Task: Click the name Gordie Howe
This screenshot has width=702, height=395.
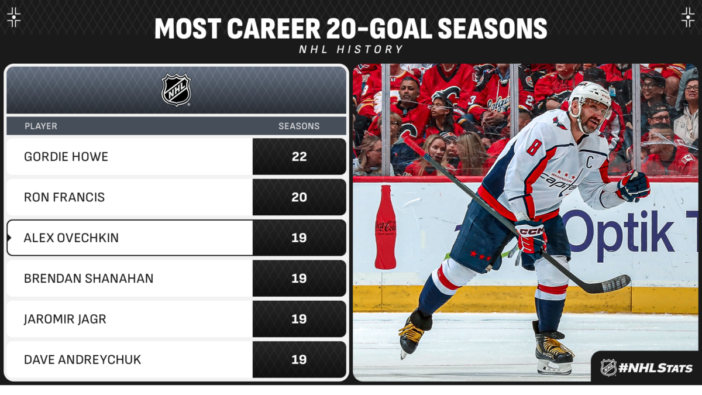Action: point(66,157)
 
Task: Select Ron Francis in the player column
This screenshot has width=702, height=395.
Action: point(64,197)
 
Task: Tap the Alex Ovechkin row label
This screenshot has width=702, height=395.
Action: point(71,238)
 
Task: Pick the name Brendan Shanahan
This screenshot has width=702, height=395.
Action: point(89,279)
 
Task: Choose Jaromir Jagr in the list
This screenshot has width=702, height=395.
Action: point(65,319)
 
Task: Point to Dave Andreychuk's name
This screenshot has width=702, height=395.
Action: point(82,359)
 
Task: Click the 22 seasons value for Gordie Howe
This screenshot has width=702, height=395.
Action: point(300,157)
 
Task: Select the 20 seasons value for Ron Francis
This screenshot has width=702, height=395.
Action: point(300,197)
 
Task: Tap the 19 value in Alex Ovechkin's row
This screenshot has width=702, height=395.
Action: point(299,238)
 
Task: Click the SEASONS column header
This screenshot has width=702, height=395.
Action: point(299,126)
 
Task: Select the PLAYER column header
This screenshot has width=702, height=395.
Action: point(41,126)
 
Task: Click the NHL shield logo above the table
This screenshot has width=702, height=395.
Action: point(176,90)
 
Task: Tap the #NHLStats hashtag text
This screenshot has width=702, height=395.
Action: point(655,368)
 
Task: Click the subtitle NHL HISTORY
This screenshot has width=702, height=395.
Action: point(351,49)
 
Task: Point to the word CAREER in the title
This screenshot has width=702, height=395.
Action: point(273,29)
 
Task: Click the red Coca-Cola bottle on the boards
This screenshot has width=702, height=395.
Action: point(386,227)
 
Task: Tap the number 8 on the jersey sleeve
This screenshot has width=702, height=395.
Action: point(534,146)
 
